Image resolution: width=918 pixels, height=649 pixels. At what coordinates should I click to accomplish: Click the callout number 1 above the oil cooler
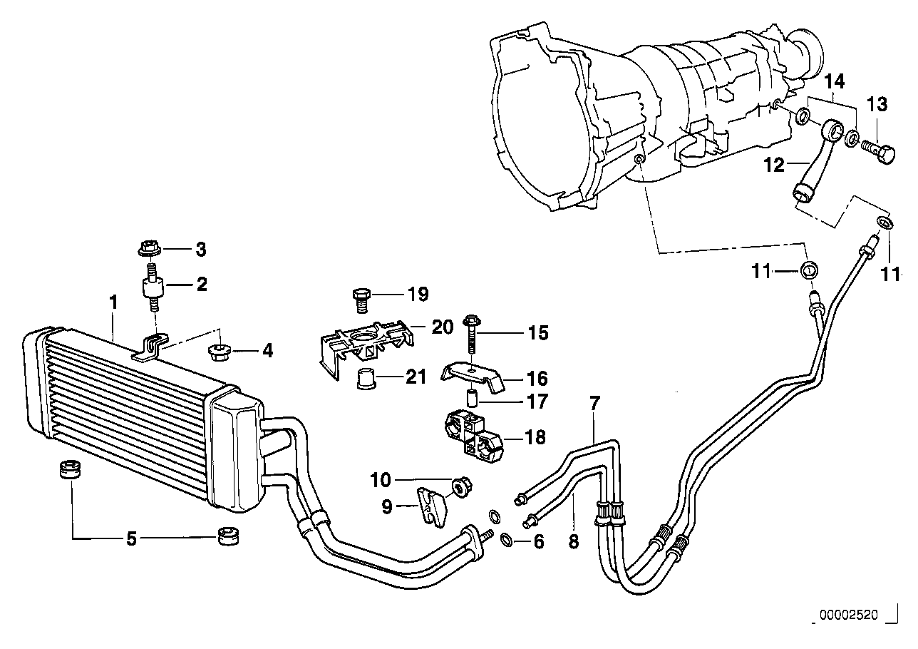(x=113, y=302)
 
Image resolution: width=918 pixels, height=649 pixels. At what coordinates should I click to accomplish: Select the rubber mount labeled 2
(x=153, y=289)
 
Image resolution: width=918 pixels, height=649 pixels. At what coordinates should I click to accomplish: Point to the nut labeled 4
(x=220, y=352)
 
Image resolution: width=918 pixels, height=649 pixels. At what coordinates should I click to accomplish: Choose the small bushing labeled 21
(x=366, y=379)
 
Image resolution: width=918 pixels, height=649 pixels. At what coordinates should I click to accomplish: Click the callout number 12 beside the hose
(x=774, y=165)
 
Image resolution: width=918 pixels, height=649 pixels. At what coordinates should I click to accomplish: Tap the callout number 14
(x=835, y=81)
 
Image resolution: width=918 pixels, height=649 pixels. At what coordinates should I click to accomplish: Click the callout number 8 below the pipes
(x=574, y=541)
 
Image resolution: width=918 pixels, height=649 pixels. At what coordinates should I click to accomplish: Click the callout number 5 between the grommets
(x=131, y=538)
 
